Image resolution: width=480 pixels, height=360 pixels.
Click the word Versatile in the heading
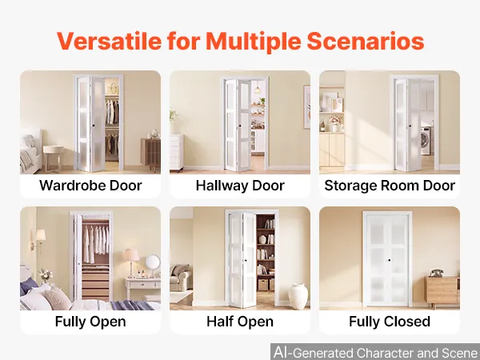coord(110,41)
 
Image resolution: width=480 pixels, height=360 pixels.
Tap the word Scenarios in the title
coord(366,41)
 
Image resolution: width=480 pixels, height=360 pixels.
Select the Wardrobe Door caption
coord(90,186)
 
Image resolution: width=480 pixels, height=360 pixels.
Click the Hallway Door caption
coord(240,186)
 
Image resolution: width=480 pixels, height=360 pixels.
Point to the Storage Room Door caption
coord(390,186)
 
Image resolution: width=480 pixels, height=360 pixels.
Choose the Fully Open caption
coord(90,322)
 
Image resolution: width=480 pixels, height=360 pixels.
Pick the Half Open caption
coord(240,322)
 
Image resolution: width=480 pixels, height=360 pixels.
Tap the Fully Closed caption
coord(390,322)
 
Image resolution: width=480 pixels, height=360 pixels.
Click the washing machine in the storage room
coord(426,141)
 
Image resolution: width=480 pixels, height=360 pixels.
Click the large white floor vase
coord(298,295)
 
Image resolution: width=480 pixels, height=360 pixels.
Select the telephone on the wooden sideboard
coord(437,273)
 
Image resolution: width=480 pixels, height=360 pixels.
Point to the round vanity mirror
coord(153,263)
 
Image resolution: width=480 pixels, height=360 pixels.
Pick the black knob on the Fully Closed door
coord(389,260)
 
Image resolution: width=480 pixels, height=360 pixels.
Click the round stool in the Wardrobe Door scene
coord(54,158)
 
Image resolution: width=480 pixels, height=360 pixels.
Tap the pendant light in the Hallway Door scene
coord(258,88)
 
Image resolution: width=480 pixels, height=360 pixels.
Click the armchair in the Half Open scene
coord(180,277)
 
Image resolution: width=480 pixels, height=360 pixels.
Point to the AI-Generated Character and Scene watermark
coord(375,352)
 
